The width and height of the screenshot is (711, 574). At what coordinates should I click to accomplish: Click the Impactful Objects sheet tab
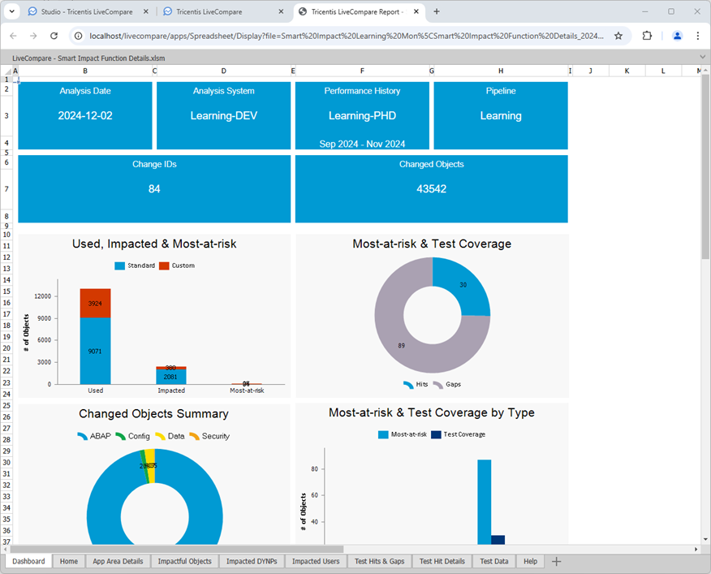tap(184, 561)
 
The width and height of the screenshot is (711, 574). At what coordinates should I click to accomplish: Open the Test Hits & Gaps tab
tap(379, 561)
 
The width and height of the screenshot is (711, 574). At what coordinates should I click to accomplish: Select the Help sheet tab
tap(530, 561)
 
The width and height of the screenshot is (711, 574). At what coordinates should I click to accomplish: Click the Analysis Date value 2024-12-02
tap(85, 116)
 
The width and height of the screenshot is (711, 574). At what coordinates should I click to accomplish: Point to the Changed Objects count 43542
tap(431, 189)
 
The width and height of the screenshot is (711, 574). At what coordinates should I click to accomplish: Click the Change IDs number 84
tap(154, 189)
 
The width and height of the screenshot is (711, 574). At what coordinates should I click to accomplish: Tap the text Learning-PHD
tap(362, 116)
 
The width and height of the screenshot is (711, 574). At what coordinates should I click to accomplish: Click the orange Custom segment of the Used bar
tap(95, 303)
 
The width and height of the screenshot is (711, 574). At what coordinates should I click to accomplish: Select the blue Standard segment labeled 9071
tap(95, 351)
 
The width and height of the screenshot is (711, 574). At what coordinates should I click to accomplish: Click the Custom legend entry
tap(177, 265)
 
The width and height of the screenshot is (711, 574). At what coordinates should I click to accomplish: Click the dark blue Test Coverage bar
tap(498, 540)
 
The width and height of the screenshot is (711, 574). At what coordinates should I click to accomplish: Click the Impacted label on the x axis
tap(171, 391)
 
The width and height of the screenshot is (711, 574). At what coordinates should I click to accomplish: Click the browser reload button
tap(54, 36)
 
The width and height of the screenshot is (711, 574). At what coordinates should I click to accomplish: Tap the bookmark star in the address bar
tap(618, 36)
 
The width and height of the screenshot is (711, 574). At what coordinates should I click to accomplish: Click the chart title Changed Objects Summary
tap(154, 414)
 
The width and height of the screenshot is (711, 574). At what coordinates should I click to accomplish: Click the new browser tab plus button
tap(437, 11)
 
